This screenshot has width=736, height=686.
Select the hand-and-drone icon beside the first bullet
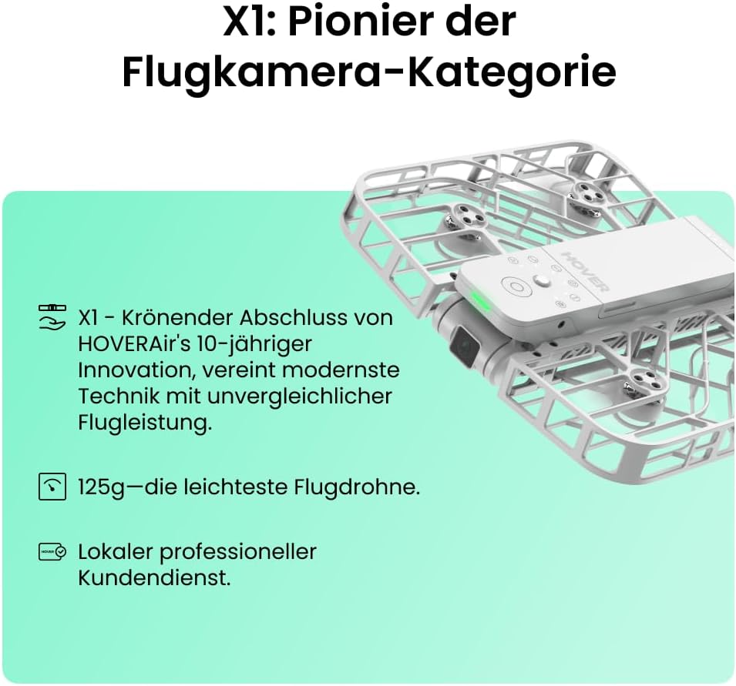click(52, 317)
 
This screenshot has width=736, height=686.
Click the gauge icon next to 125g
click(52, 487)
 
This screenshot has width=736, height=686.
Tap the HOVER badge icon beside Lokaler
click(52, 551)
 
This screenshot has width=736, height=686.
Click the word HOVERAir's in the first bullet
click(135, 343)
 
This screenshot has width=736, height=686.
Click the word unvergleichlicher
click(299, 397)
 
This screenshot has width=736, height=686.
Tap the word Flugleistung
click(145, 423)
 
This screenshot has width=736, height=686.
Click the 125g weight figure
click(102, 487)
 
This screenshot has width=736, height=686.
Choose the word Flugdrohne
click(357, 487)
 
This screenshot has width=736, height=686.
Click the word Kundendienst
click(154, 577)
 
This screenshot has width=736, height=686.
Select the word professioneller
click(238, 552)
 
